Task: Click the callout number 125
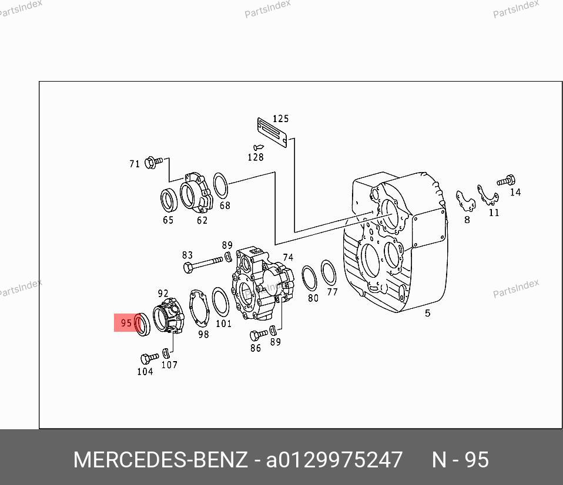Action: pyautogui.click(x=281, y=119)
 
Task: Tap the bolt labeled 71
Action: pyautogui.click(x=153, y=163)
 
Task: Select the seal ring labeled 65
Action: pyautogui.click(x=169, y=200)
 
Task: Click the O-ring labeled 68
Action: pyautogui.click(x=220, y=186)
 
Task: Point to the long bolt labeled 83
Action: pyautogui.click(x=203, y=263)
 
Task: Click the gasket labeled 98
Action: pyautogui.click(x=199, y=308)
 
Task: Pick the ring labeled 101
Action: pyautogui.click(x=220, y=302)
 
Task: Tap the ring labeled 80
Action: pyautogui.click(x=309, y=278)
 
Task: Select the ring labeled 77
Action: pyautogui.click(x=328, y=272)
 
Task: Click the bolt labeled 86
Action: pyautogui.click(x=259, y=335)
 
